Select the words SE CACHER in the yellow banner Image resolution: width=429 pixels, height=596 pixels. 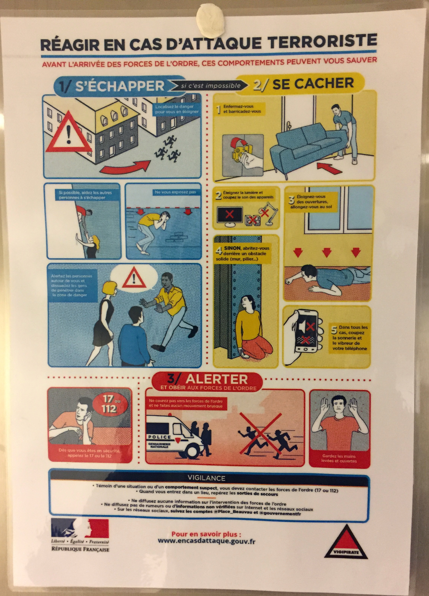[x=313, y=84]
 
